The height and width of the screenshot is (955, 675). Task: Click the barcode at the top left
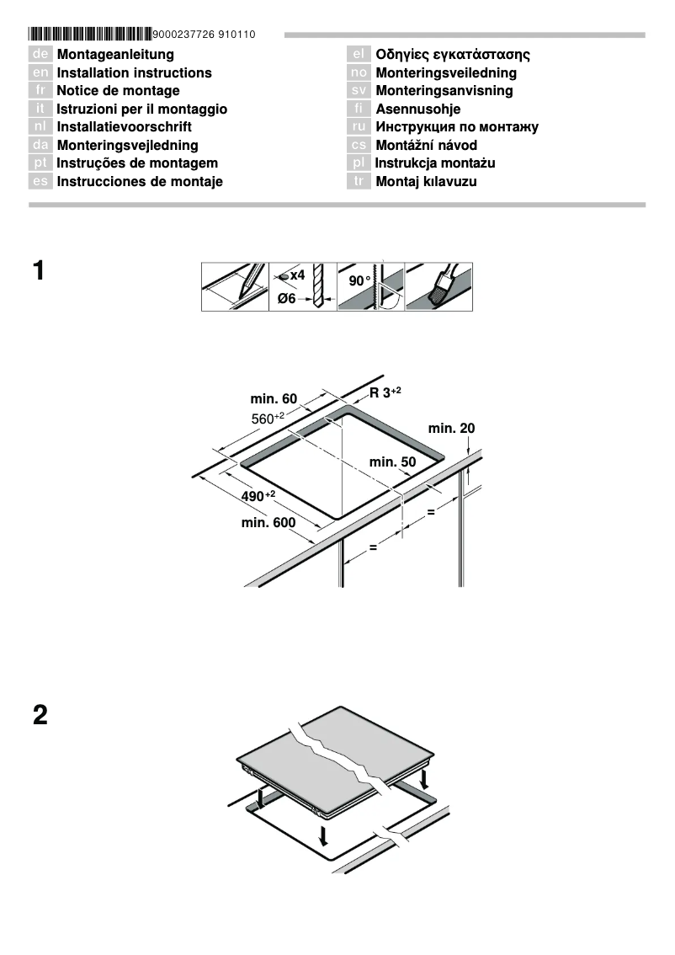tap(90, 35)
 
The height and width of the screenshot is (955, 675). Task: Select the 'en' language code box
tap(40, 73)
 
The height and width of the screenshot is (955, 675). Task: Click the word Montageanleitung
tap(115, 55)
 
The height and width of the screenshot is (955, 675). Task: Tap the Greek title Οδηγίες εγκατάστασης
tap(452, 55)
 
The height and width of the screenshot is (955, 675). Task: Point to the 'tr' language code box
tap(359, 182)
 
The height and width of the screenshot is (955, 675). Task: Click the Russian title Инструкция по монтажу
tap(456, 127)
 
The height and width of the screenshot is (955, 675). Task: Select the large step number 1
tap(40, 272)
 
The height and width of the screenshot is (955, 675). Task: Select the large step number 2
tap(40, 717)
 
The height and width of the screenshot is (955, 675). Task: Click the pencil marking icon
tap(235, 287)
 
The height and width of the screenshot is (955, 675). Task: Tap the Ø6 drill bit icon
tap(303, 287)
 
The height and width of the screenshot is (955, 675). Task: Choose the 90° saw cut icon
tap(371, 287)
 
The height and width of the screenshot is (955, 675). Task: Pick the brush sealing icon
tap(438, 287)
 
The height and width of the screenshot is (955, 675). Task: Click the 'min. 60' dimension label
tap(274, 398)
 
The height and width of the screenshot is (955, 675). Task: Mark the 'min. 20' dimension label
tap(451, 429)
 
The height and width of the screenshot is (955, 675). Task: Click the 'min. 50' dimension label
tap(392, 461)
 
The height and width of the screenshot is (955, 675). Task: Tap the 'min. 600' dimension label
tap(268, 523)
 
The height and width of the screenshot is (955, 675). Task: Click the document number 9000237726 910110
tap(205, 35)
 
